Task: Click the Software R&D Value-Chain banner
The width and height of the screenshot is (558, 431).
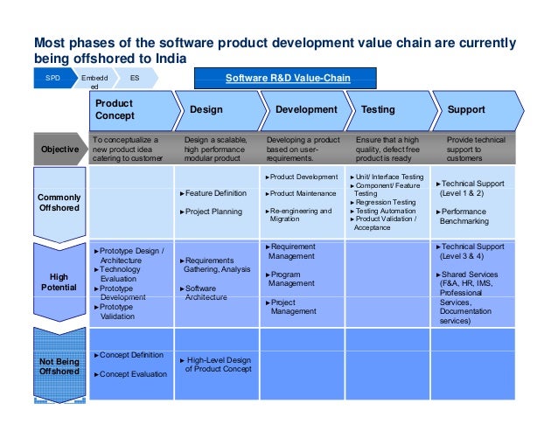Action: point(287,79)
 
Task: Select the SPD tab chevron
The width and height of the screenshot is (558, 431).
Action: point(53,79)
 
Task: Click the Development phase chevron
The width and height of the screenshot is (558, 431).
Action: point(305,110)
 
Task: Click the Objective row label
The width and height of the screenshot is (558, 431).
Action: point(59,149)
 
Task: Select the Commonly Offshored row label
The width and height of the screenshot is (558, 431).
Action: point(59,203)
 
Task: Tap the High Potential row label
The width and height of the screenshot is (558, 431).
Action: point(59,282)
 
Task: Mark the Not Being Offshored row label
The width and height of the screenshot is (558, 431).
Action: point(59,365)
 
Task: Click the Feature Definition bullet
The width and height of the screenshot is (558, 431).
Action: point(215,192)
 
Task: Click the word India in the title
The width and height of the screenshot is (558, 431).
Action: point(170,59)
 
